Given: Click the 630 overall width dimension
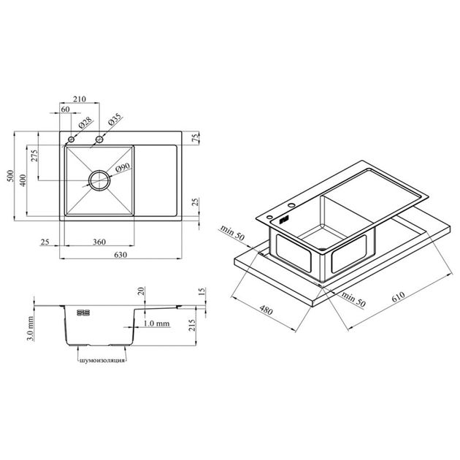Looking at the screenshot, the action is point(120,255).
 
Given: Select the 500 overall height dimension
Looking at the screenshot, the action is point(10,176).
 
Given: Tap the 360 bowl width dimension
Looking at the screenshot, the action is point(99,242).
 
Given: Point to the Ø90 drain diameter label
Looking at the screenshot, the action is point(123,167).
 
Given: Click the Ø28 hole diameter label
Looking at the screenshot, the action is point(85,123).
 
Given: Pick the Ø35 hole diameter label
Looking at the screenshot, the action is point(115,119).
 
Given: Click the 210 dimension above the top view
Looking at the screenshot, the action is point(80,99).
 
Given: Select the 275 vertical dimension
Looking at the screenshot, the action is point(34,156).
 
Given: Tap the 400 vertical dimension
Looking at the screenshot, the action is point(23,180).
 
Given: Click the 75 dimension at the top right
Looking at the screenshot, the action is point(196,138).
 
